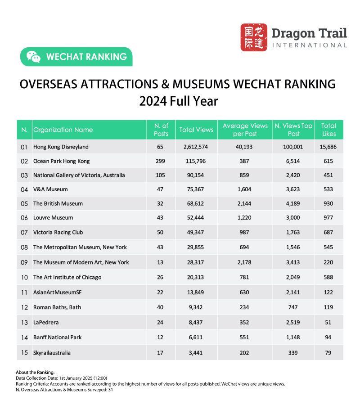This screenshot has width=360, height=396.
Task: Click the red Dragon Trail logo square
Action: tap(253, 37)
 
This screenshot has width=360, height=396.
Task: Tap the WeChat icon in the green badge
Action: tap(33, 57)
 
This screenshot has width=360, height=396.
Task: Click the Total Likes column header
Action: tap(329, 130)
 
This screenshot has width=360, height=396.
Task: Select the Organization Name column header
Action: tap(63, 130)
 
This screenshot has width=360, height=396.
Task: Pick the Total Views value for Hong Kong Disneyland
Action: tap(196, 147)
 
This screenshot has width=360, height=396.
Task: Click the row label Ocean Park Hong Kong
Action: tap(62, 161)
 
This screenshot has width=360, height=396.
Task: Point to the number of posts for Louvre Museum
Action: tap(160, 218)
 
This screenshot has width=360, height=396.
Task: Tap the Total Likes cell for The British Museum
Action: tap(328, 203)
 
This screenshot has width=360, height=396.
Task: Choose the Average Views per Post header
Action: tap(245, 130)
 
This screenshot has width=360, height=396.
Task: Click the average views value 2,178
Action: tap(245, 262)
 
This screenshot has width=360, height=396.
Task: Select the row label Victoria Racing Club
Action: tap(58, 232)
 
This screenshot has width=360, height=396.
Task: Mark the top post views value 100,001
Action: tap(293, 147)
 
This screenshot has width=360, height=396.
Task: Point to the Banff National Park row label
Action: tap(58, 337)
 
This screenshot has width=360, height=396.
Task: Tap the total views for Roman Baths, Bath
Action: tap(196, 307)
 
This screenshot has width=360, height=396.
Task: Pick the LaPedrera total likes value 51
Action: tap(328, 322)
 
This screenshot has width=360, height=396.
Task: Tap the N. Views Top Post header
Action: tap(293, 130)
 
